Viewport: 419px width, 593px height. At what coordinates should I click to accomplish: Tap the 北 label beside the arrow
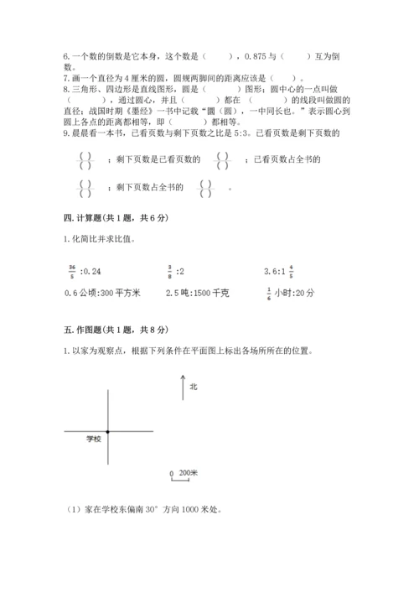pos(194,387)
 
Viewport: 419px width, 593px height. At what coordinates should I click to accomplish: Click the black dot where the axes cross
pos(108,431)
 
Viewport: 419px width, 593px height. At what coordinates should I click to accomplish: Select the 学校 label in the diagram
pos(93,439)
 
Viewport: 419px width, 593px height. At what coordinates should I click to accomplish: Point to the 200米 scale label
pos(188,473)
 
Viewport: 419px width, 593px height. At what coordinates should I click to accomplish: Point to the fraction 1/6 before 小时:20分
pos(268,293)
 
